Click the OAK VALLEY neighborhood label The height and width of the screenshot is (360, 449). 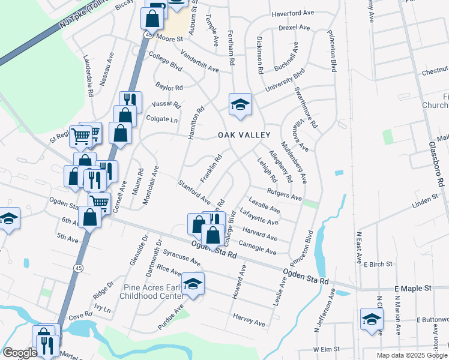coord(244,136)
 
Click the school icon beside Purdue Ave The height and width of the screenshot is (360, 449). coord(193,283)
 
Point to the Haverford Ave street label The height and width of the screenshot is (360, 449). coord(293,13)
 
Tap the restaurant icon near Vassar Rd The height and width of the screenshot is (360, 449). coord(130,100)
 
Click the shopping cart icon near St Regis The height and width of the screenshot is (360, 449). coord(81,136)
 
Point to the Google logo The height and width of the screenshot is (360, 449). coord(20,353)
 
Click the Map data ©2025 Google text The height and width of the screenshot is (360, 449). coord(412,355)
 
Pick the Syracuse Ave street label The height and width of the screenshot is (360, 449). coord(182,257)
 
